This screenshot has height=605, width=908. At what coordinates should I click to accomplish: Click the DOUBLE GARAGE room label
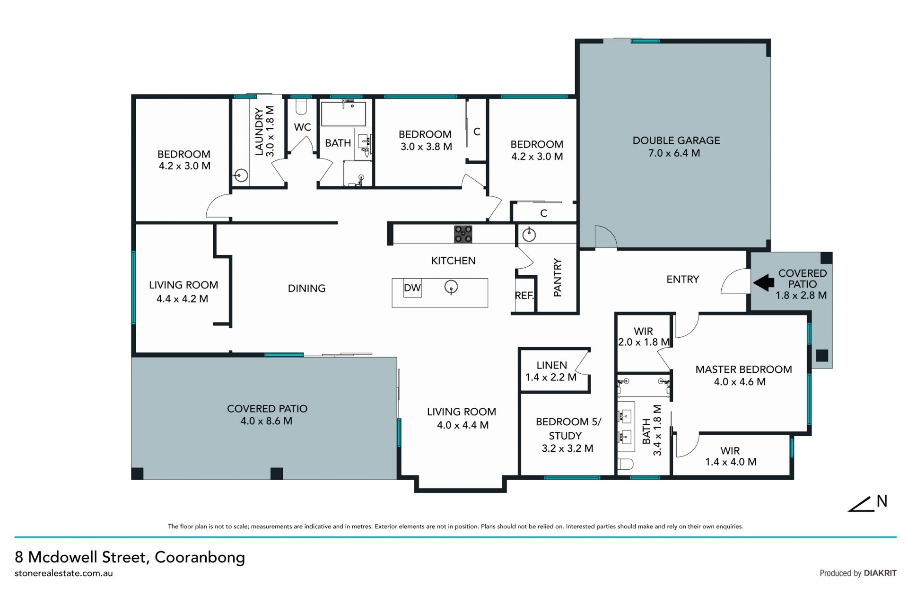point(676,140)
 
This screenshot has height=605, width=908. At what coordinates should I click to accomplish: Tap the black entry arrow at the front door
point(763,283)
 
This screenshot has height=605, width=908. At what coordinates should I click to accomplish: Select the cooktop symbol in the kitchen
point(463,234)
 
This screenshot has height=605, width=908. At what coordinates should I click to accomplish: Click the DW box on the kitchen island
point(412,288)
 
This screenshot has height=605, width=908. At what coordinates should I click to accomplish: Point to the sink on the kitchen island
point(451,287)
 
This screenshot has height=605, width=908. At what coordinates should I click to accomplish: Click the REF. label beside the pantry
point(524,296)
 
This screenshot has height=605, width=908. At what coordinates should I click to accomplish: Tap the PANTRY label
point(558,278)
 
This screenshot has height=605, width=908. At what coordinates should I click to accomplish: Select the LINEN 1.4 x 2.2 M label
point(551,371)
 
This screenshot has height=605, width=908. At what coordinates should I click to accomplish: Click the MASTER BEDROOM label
point(743,369)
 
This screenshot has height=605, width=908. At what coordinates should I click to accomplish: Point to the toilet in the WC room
point(301,106)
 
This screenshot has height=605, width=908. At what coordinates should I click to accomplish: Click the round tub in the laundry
point(241,175)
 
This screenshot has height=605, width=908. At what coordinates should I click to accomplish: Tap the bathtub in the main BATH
point(344,114)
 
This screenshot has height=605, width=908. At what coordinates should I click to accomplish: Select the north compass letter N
point(882,501)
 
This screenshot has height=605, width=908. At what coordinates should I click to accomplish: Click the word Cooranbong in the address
point(200,557)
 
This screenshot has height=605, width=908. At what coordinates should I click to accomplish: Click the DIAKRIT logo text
point(880,573)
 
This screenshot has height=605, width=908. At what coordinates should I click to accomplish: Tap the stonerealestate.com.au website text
point(64,573)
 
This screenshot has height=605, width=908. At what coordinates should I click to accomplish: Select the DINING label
point(306,289)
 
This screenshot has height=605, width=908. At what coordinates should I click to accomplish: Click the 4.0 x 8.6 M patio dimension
point(267,421)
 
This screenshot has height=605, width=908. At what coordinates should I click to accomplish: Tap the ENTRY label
point(682,280)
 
